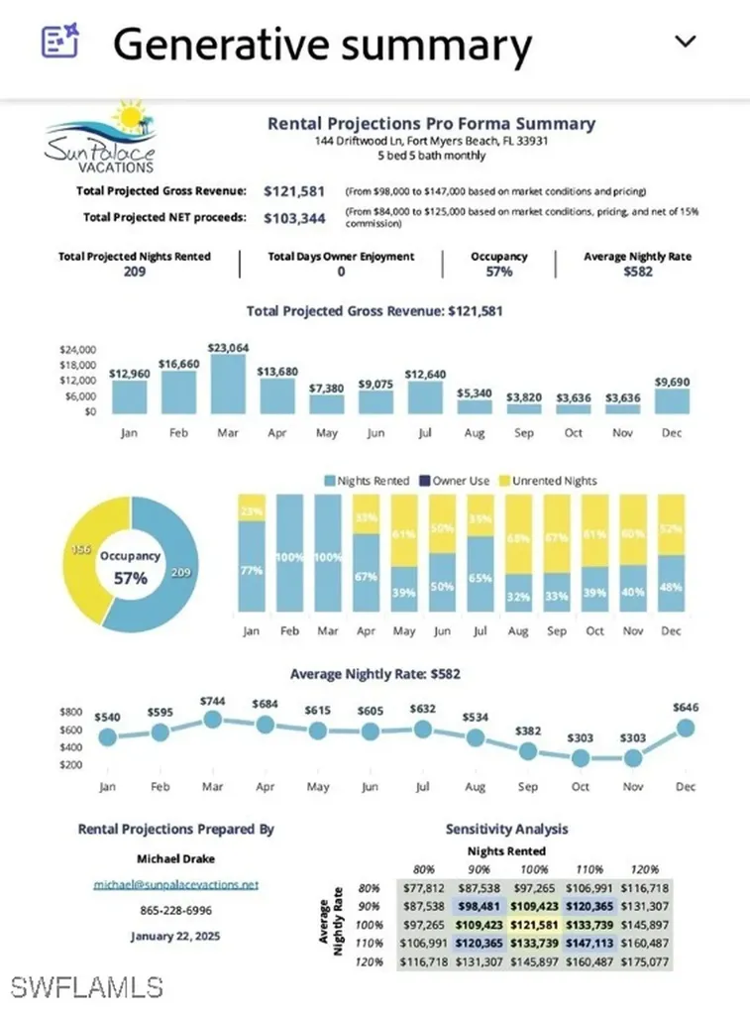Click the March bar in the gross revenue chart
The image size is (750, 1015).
click(228, 385)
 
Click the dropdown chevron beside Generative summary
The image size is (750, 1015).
click(685, 42)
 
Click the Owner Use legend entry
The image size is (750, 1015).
click(457, 481)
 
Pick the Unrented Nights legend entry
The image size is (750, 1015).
click(555, 481)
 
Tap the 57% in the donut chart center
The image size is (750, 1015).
click(129, 578)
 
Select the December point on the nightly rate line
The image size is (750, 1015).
click(685, 729)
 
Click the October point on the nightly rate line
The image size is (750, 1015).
click(580, 758)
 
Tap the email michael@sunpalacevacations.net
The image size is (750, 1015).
click(175, 883)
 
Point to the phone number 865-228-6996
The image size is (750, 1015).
click(175, 909)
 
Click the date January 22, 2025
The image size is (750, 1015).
click(175, 936)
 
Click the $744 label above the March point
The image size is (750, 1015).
click(211, 701)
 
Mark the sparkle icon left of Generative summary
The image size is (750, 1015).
click(57, 42)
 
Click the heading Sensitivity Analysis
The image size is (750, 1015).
click(507, 829)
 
